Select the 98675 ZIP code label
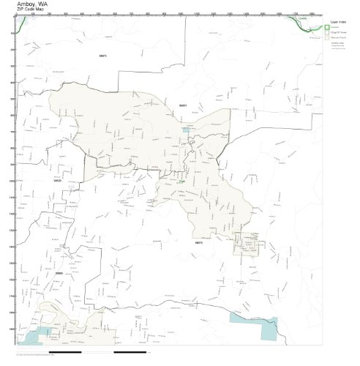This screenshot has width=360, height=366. [198, 242]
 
